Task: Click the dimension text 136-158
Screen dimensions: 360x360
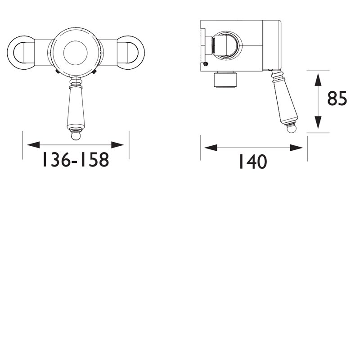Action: coord(76,160)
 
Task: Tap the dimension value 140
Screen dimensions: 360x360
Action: coord(252,162)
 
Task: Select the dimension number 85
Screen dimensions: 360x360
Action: coord(337,99)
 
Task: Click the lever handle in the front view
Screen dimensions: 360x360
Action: coord(76,106)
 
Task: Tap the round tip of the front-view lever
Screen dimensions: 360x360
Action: coord(76,134)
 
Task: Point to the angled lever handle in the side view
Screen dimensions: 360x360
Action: coord(284,99)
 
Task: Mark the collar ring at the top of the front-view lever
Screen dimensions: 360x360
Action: coord(76,81)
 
